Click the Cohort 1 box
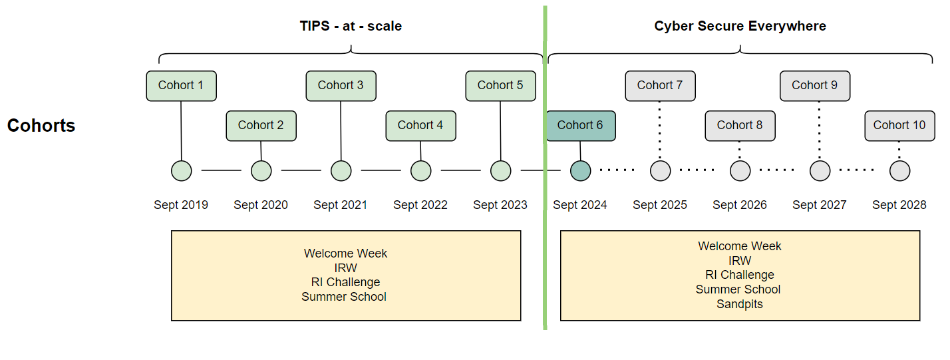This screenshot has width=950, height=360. tap(181, 86)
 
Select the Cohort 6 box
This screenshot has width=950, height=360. tap(581, 126)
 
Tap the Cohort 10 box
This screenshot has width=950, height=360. tap(899, 126)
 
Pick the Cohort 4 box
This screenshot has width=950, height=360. tap(420, 126)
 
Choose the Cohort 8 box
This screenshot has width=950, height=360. tap(740, 126)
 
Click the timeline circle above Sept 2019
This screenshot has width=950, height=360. tap(182, 171)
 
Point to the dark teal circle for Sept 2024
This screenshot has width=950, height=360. tap(581, 171)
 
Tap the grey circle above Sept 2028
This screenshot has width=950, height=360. tap(900, 171)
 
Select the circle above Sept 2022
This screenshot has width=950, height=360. tap(420, 171)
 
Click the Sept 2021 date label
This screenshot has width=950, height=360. tap(340, 205)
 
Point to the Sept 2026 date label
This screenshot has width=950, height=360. tap(740, 205)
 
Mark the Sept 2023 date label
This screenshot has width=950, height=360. tap(500, 205)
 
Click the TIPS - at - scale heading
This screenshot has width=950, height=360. tap(351, 26)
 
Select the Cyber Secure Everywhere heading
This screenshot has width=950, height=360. tap(740, 26)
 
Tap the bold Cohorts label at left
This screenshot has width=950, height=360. tap(41, 126)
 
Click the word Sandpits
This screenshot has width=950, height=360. tap(740, 304)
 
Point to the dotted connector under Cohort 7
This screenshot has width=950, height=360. tap(659, 130)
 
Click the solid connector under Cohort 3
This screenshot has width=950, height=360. tap(341, 130)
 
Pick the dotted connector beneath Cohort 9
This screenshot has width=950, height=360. tap(819, 130)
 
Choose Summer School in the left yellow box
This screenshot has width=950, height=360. tap(344, 297)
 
